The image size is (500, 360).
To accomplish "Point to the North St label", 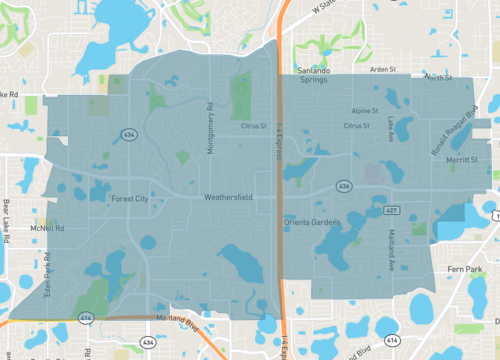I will pos(438,77).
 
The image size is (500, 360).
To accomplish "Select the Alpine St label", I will pos(364,112).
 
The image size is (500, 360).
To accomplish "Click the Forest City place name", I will pos(129,198).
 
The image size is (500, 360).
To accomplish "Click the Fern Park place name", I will pos(468,267).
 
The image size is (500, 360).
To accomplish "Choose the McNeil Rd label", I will pos(46,228).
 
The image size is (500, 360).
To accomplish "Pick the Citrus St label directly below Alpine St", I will pos(357,127).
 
